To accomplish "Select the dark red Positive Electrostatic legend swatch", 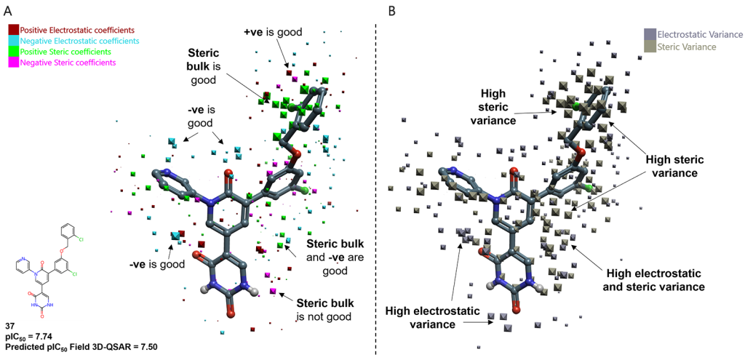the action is [x=14, y=30].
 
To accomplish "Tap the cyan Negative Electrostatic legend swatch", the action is [x=14, y=41].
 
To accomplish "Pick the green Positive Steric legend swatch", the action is [x=14, y=52].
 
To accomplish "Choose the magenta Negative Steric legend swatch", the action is [x=14, y=63].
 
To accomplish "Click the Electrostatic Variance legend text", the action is [x=700, y=34].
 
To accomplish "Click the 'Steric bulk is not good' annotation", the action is [x=324, y=309].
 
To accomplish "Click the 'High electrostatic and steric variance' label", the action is [x=656, y=281].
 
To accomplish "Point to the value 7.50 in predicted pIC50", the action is [x=148, y=347].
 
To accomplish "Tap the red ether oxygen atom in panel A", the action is [x=295, y=153].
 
